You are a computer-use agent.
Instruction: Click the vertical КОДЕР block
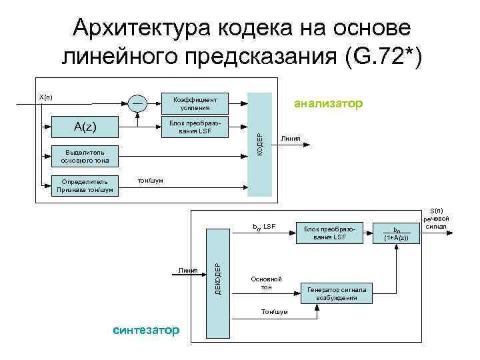point(260,144)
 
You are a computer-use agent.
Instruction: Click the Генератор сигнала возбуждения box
point(340,293)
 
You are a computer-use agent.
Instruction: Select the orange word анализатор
point(329,103)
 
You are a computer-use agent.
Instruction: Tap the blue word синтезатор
point(146,330)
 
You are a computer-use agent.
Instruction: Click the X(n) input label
point(45,97)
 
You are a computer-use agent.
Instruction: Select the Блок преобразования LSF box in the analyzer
point(195,127)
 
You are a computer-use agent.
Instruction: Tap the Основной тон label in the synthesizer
point(266,283)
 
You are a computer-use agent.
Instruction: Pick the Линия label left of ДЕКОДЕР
point(188,270)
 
